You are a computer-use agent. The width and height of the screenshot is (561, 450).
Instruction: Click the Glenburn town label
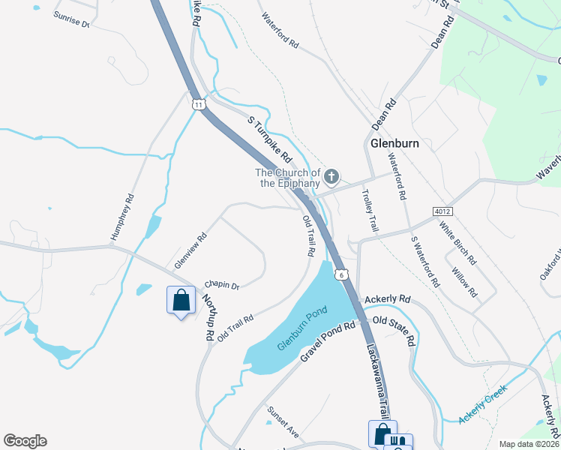(394, 143)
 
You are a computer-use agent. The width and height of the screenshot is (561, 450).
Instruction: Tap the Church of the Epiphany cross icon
(331, 178)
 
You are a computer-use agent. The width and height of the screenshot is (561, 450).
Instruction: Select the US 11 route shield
(198, 105)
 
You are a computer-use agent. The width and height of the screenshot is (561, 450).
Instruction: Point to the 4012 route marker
(442, 212)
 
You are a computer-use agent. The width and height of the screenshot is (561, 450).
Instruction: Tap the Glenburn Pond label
(302, 328)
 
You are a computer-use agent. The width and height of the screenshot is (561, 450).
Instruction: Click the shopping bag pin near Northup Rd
(180, 301)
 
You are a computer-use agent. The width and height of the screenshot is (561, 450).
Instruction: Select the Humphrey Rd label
(121, 217)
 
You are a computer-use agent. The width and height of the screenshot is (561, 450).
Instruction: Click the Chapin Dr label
(221, 286)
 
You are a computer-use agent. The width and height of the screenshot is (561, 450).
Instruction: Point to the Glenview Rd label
(190, 250)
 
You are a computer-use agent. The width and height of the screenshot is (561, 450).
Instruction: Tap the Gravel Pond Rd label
(327, 344)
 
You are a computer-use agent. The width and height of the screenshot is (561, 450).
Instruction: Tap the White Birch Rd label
(457, 242)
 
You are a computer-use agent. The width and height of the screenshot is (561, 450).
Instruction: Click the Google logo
(25, 441)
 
